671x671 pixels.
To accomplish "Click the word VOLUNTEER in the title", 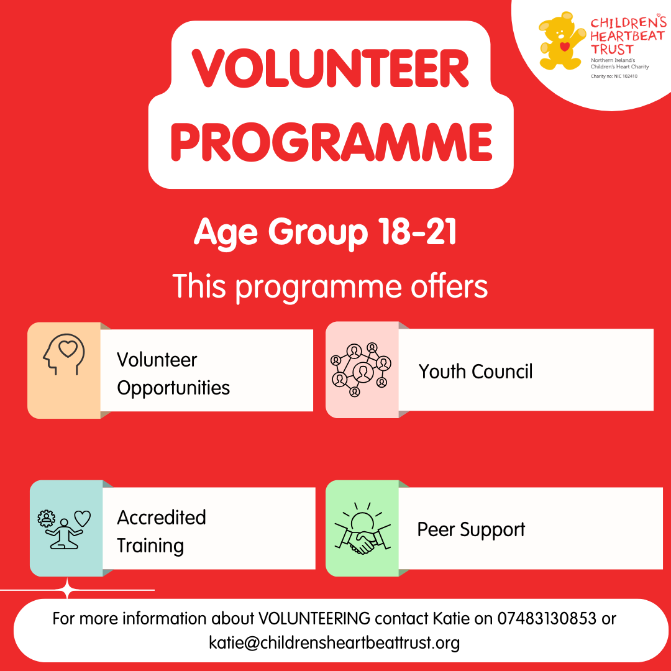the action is pyautogui.click(x=331, y=68).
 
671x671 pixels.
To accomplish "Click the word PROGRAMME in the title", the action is pyautogui.click(x=332, y=142).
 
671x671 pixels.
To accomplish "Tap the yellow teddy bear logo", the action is pyautogui.click(x=561, y=41).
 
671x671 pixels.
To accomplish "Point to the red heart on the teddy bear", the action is pyautogui.click(x=565, y=46).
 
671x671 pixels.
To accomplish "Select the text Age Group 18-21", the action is pyautogui.click(x=325, y=232).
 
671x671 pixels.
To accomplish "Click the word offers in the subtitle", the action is pyautogui.click(x=449, y=286).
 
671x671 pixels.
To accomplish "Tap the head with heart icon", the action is pyautogui.click(x=64, y=354).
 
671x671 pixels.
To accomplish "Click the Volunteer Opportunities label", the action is pyautogui.click(x=173, y=373).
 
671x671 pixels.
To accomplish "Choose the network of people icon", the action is pyautogui.click(x=361, y=370).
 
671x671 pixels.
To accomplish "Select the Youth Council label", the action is pyautogui.click(x=475, y=372).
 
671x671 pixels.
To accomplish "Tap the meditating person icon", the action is pyautogui.click(x=64, y=529).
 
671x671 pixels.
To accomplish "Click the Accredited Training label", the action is pyautogui.click(x=162, y=531).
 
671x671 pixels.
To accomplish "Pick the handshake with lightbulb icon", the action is pyautogui.click(x=362, y=529).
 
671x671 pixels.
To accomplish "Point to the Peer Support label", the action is pyautogui.click(x=471, y=530).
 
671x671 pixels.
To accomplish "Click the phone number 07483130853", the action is pyautogui.click(x=547, y=618).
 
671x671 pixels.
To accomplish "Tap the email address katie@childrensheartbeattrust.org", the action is pyautogui.click(x=334, y=643).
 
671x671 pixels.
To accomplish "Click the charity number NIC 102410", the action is pyautogui.click(x=626, y=76).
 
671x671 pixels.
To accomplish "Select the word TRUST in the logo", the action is pyautogui.click(x=612, y=49).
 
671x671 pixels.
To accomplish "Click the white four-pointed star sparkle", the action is pyautogui.click(x=67, y=590).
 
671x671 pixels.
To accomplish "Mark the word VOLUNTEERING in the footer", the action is pyautogui.click(x=314, y=618).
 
